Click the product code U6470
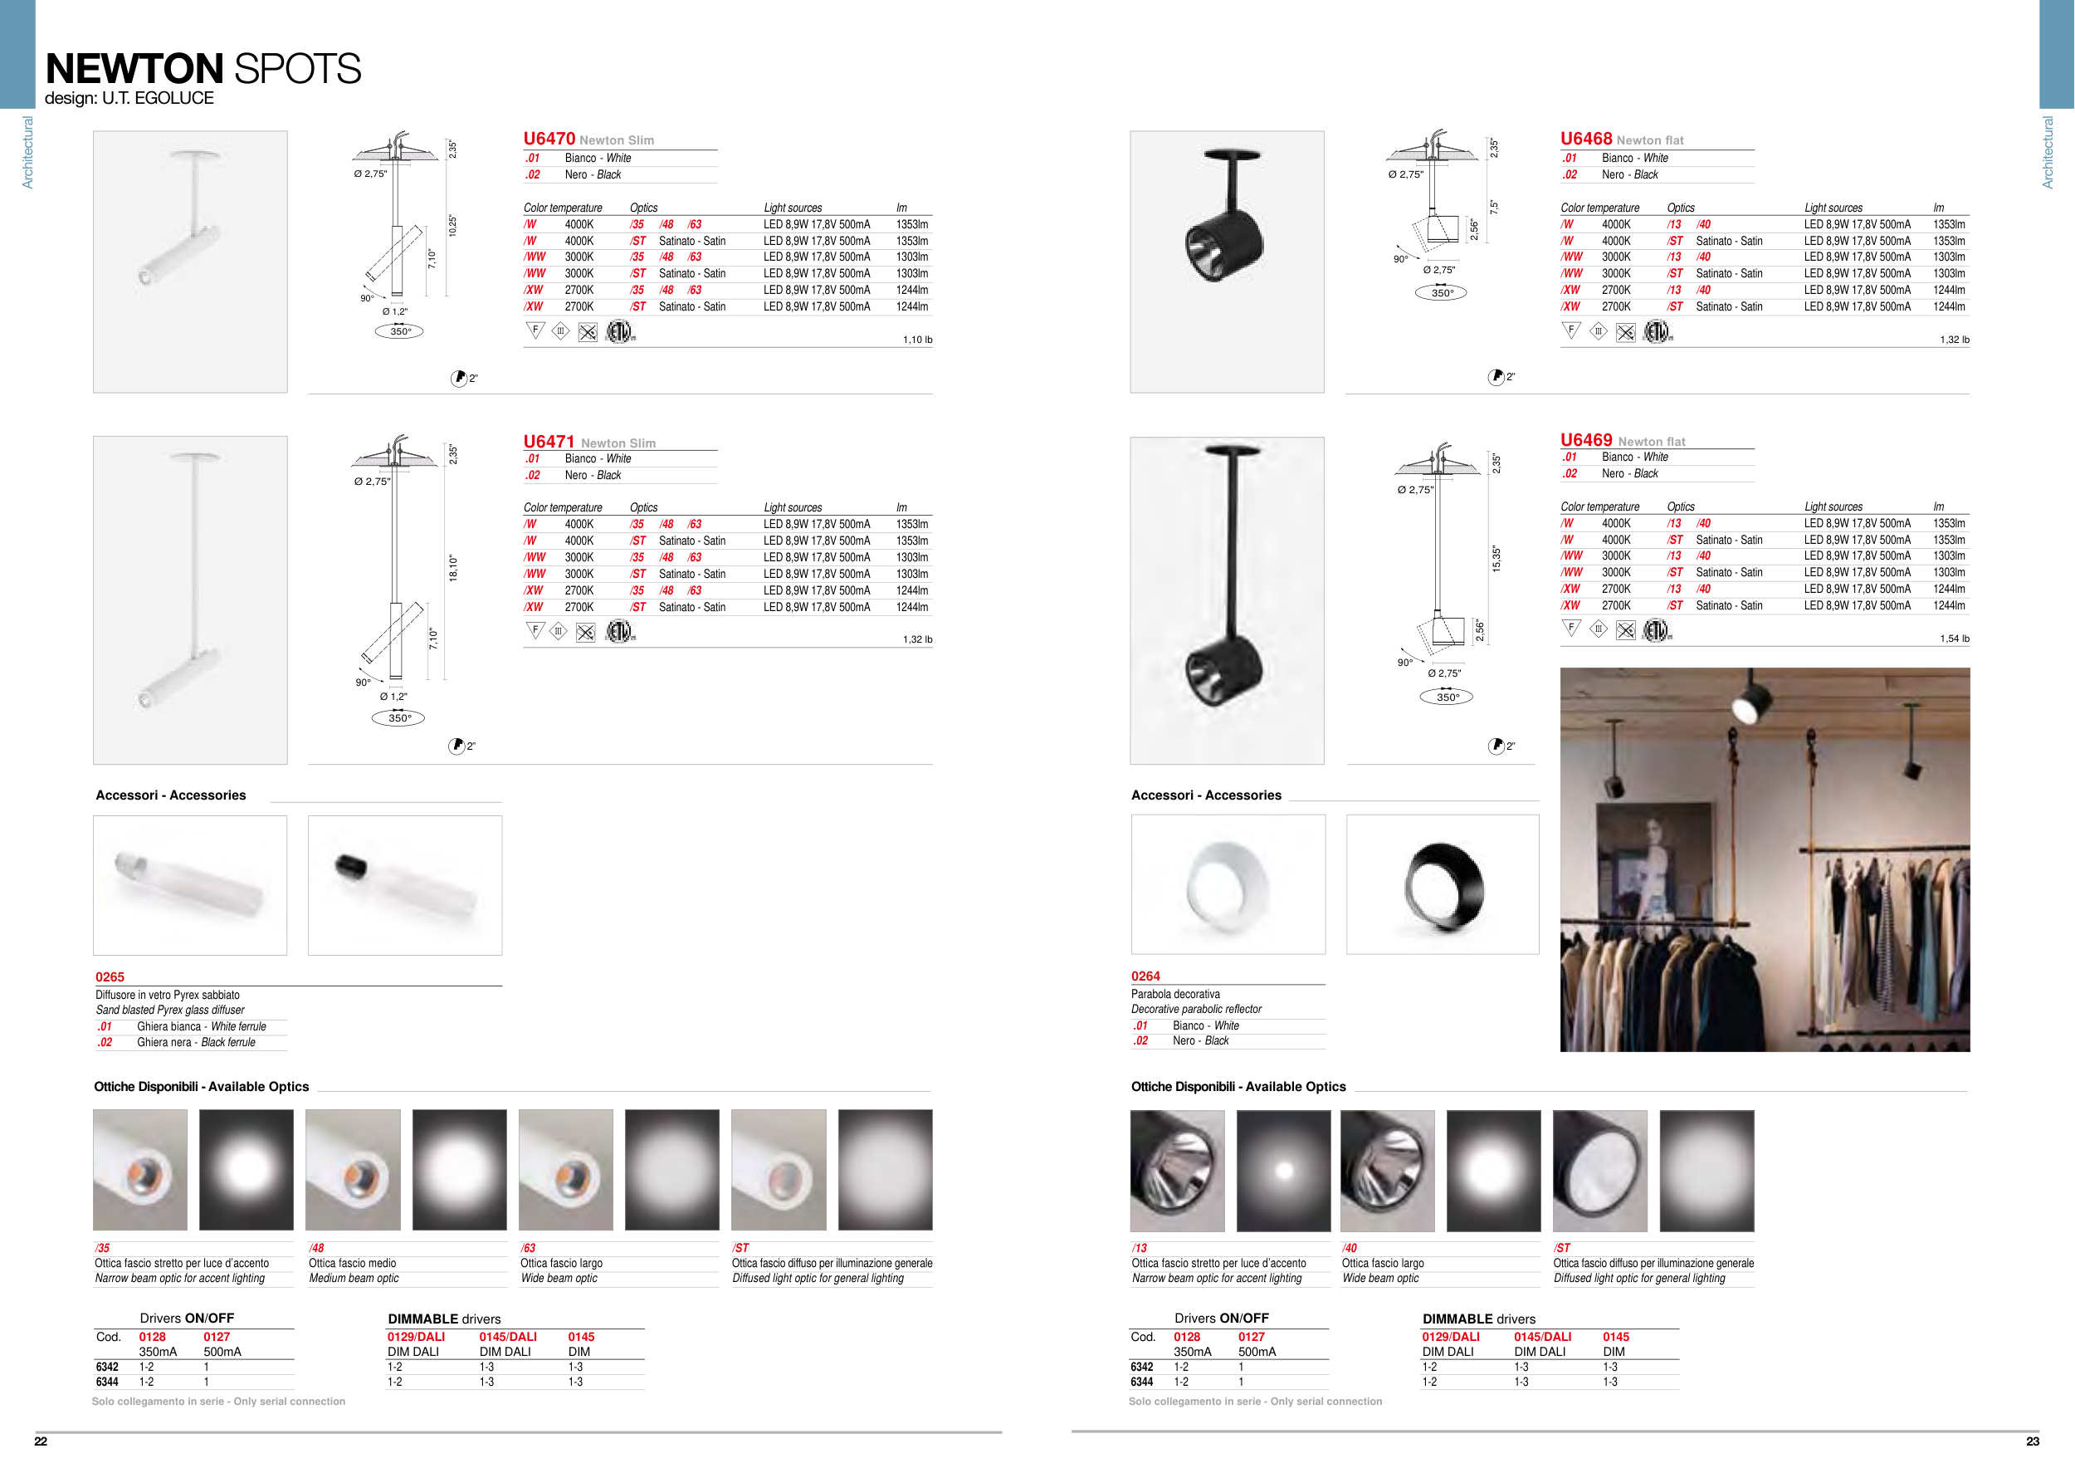tap(549, 139)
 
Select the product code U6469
tap(1586, 439)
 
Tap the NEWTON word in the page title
tap(134, 69)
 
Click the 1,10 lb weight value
tap(917, 340)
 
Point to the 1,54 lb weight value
tap(1955, 639)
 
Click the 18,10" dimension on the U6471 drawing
tap(454, 568)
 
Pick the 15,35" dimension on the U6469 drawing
tap(1496, 558)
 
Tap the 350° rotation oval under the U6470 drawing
tap(399, 330)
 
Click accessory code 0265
tap(110, 977)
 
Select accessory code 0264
tap(1145, 976)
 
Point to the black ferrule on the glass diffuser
tap(349, 866)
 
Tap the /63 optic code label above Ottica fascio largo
tap(528, 1247)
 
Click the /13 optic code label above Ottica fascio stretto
tap(1140, 1247)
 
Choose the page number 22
tap(41, 1441)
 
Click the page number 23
tap(2033, 1441)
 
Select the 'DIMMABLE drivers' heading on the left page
tap(444, 1319)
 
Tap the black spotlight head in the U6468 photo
tap(1223, 243)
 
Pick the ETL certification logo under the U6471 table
tap(619, 631)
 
